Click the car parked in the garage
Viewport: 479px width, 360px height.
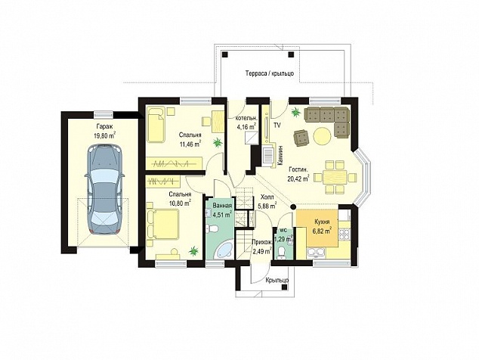click(104, 189)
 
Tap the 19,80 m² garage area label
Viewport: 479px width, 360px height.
click(104, 135)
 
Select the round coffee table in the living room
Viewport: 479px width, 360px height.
click(322, 136)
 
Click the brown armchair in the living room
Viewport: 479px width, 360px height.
click(301, 137)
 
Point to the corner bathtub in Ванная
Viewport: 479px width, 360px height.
click(225, 250)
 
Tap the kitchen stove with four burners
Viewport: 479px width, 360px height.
click(345, 234)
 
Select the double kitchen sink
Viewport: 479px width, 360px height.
click(316, 253)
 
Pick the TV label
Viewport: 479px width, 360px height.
click(277, 125)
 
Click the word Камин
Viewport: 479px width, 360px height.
click(281, 156)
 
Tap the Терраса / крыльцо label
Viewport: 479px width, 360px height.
click(270, 73)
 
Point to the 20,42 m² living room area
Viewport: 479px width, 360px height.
click(298, 178)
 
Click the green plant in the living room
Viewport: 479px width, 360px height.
click(295, 113)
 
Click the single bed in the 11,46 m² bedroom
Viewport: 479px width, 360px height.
click(156, 125)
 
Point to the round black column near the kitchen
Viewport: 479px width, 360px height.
click(293, 206)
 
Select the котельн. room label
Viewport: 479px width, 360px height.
click(247, 118)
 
